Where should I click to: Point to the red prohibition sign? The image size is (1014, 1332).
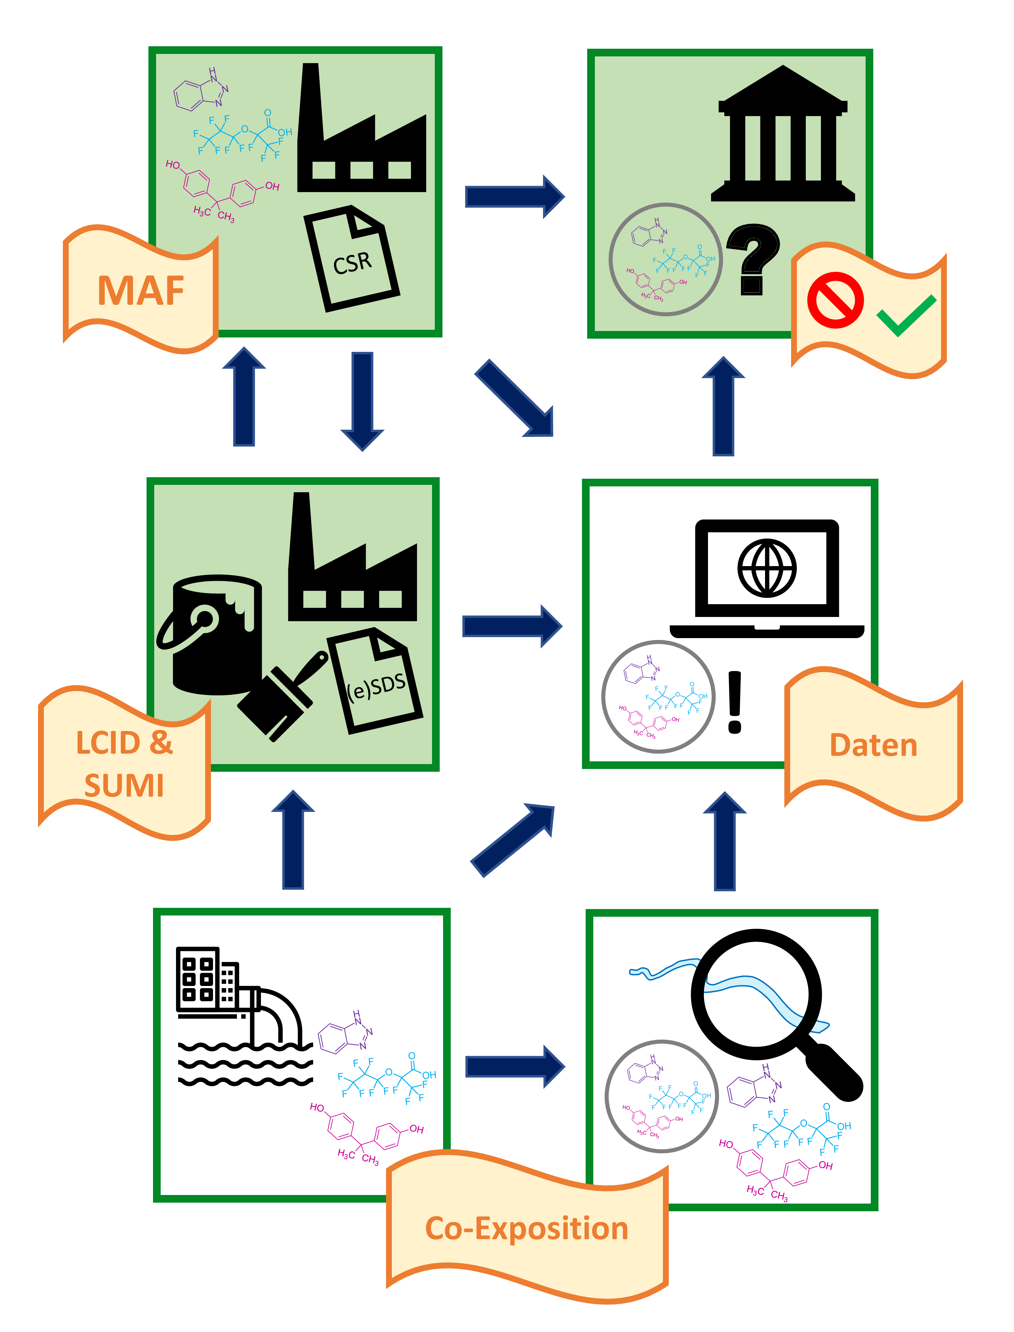point(835,300)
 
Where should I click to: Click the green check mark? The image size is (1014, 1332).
point(905,314)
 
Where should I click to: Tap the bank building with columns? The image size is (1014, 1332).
point(783,136)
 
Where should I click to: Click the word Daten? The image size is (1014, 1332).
point(873,745)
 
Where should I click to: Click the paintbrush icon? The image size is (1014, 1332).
point(284,694)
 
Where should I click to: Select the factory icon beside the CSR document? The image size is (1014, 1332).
point(362,136)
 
